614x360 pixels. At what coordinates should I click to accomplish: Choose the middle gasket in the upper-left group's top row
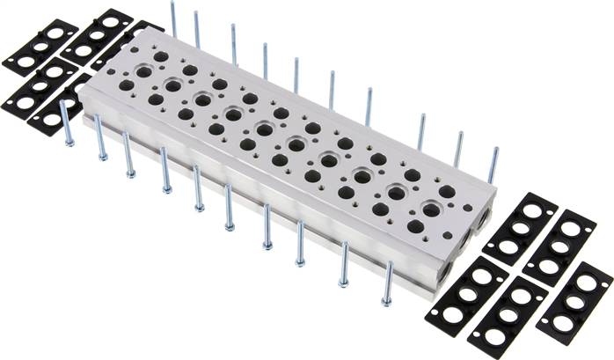point(98,36)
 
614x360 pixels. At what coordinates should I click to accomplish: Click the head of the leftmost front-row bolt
point(69,141)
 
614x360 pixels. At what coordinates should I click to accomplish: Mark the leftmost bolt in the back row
point(173,18)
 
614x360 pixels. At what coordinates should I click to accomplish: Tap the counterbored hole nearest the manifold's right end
point(431,209)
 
